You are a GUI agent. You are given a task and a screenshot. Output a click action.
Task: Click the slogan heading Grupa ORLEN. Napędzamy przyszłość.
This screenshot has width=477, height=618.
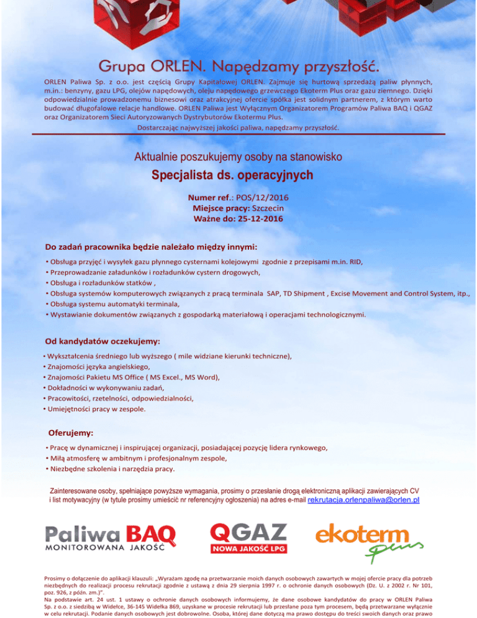238,65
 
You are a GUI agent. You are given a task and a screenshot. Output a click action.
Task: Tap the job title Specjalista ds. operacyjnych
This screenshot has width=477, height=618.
238,175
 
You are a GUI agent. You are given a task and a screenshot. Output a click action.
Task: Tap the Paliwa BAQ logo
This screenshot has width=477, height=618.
111,536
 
